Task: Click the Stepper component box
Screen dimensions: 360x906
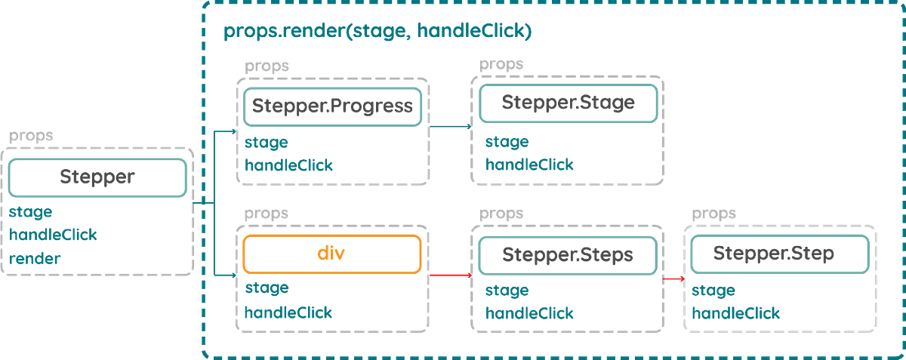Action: tap(97, 178)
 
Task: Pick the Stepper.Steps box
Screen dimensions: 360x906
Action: tap(568, 254)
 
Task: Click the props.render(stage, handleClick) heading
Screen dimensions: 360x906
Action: tap(377, 32)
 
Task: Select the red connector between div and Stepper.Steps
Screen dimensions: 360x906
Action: tap(451, 275)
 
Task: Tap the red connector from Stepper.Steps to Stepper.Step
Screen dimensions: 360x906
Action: tap(674, 278)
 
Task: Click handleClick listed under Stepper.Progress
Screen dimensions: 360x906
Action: tap(288, 164)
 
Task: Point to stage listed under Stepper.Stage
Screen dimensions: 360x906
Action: tap(507, 141)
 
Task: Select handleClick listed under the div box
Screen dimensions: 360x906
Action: tap(288, 312)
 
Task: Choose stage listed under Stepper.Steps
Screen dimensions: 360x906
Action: tap(507, 290)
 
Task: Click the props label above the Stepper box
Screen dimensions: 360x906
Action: tap(31, 137)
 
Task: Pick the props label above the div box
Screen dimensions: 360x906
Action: tap(267, 214)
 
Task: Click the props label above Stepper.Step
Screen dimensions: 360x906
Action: tap(714, 214)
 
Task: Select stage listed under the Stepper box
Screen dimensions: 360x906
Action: tap(30, 213)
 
